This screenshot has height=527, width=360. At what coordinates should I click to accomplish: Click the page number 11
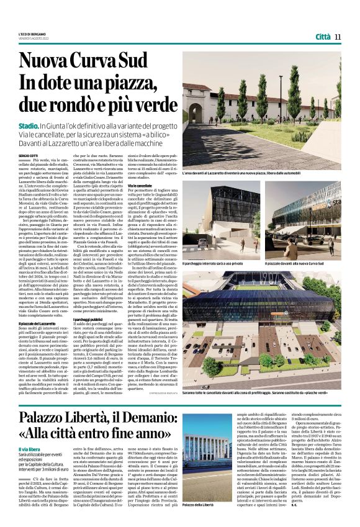tap(338, 37)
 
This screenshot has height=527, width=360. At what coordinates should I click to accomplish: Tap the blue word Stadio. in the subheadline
tap(29, 126)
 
